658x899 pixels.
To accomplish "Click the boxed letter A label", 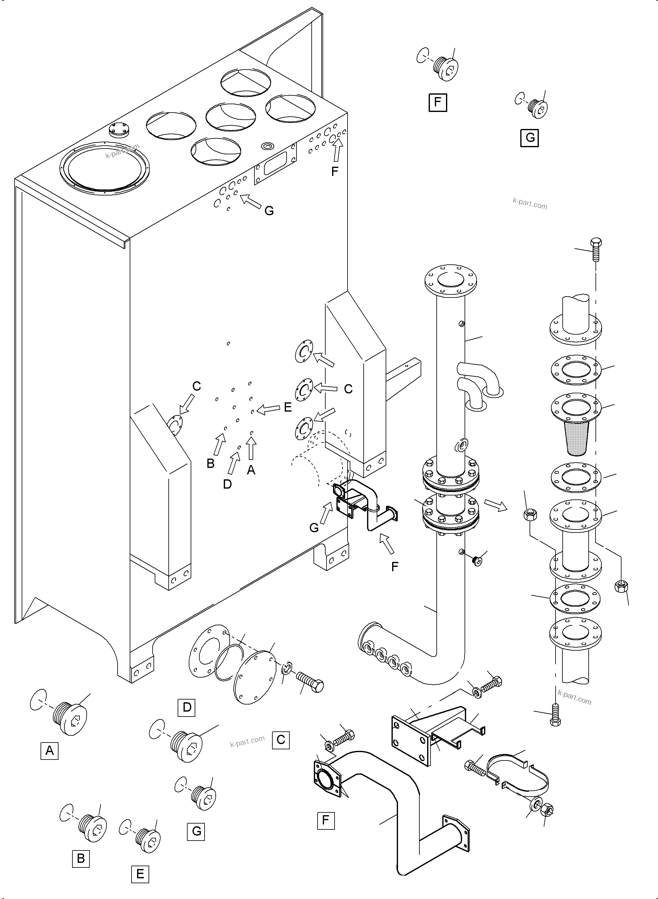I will pos(50,751).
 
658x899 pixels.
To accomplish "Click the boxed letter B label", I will pos(81,858).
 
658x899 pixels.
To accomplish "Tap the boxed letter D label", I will pos(186,707).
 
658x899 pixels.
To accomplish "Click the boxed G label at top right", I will pos(530,138).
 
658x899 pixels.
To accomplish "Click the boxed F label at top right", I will pos(438,103).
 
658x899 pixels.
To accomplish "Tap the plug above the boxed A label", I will pos(70,720).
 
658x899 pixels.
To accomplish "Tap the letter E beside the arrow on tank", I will pos(288,407).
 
